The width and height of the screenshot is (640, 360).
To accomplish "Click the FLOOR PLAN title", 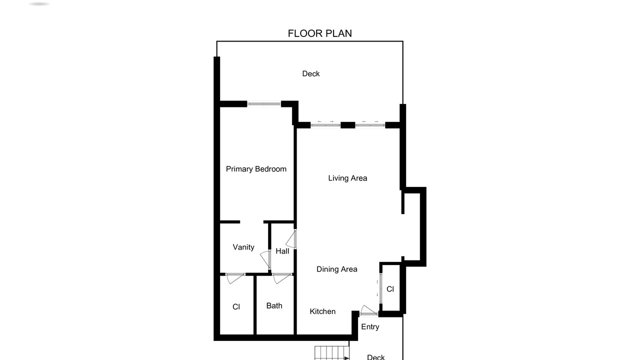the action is coord(319,33).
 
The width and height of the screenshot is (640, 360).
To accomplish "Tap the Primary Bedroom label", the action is coord(256,169).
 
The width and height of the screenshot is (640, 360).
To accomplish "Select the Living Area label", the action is coord(347,178).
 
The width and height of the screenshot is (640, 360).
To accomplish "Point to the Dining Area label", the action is coord(337,269).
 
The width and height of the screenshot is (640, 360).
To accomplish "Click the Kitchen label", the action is coord(322,311).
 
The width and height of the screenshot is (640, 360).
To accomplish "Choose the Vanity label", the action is coord(243,247).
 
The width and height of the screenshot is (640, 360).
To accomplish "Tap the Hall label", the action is coord(282,251).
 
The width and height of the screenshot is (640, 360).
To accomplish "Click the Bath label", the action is coord(274,305).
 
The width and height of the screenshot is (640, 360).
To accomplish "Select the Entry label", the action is coord(370,327).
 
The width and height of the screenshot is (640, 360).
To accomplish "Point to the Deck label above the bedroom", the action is coord(311,73).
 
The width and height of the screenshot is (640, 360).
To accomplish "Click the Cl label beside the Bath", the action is coord(236,307).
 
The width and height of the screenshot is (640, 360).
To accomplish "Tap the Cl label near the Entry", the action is coord(390,289).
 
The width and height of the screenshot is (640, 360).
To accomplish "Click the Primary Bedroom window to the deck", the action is coord(264,103).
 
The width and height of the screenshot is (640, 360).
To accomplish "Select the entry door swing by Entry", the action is coord(368,310).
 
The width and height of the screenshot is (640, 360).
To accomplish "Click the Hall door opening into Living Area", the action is coord(291,239).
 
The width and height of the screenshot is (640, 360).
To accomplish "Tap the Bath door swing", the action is coord(282,278).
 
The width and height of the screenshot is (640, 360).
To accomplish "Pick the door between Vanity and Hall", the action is coord(265,259).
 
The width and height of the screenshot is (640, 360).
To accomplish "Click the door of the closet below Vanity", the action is coord(235,278).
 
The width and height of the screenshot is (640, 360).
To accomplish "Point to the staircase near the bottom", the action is coord(332,353).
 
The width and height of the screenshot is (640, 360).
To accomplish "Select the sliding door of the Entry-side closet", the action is coord(380,288).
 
